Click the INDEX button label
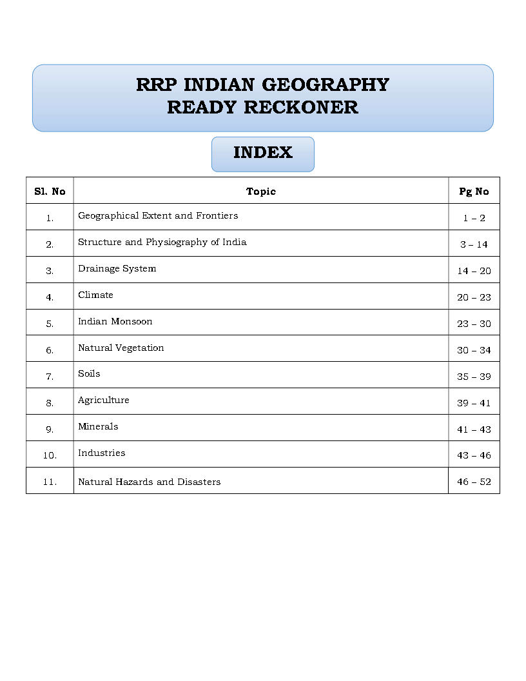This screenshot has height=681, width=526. (263, 153)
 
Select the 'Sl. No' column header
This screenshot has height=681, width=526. (50, 192)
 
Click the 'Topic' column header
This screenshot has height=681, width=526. (261, 192)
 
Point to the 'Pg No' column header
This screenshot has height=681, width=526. (474, 192)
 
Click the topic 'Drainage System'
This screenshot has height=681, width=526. (117, 268)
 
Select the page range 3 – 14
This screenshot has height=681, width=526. (474, 244)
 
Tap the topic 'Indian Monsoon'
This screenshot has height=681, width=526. (115, 321)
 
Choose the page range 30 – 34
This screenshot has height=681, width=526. (474, 350)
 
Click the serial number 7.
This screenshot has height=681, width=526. (50, 377)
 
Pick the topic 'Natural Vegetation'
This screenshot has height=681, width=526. (121, 348)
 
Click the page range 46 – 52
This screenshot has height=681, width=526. (474, 482)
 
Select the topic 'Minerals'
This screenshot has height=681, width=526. (98, 426)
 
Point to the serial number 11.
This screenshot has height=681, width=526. (50, 482)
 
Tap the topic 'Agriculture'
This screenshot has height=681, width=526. (103, 400)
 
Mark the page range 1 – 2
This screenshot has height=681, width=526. (474, 218)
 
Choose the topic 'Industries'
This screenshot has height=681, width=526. (101, 453)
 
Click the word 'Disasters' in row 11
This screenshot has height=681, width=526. (199, 482)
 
